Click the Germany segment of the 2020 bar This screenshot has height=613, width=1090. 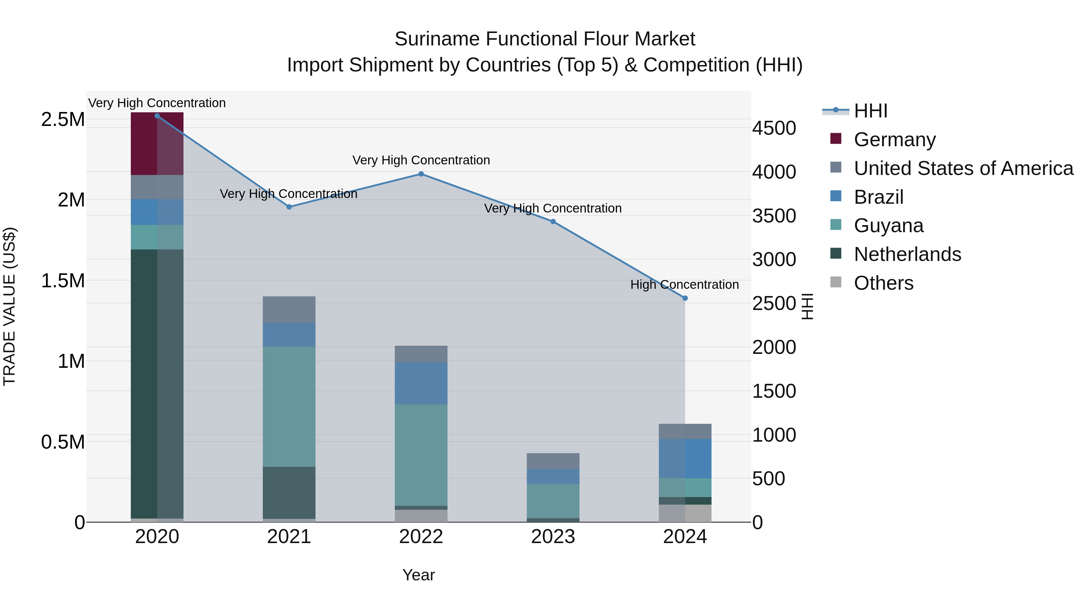tap(157, 144)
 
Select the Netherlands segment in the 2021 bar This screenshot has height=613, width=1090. tap(289, 493)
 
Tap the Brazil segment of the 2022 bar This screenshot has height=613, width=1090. tap(421, 383)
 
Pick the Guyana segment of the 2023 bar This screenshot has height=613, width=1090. tap(553, 501)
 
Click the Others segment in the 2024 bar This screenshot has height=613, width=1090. tap(685, 513)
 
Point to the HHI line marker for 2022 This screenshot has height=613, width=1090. tap(421, 174)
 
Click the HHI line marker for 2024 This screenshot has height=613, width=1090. tap(685, 298)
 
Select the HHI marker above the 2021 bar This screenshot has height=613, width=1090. tap(289, 207)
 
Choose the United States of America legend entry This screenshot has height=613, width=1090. tap(963, 168)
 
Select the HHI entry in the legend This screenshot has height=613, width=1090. tap(870, 111)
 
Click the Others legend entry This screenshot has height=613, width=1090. tap(883, 283)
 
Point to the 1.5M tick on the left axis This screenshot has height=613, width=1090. tap(63, 281)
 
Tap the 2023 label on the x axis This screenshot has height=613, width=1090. tap(553, 537)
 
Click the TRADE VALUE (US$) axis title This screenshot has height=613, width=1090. tap(9, 306)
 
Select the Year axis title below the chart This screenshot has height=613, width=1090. tap(418, 575)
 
